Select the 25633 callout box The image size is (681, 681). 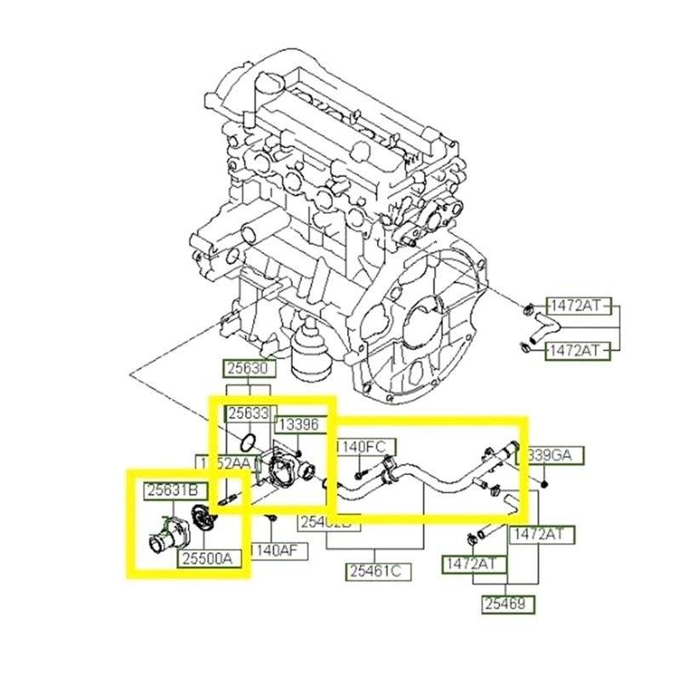pyautogui.click(x=248, y=413)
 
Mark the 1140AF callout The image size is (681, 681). pyautogui.click(x=276, y=551)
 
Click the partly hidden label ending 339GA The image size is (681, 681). pyautogui.click(x=555, y=456)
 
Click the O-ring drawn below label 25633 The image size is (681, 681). pyautogui.click(x=248, y=442)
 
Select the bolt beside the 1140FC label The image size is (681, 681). pyautogui.click(x=361, y=467)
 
